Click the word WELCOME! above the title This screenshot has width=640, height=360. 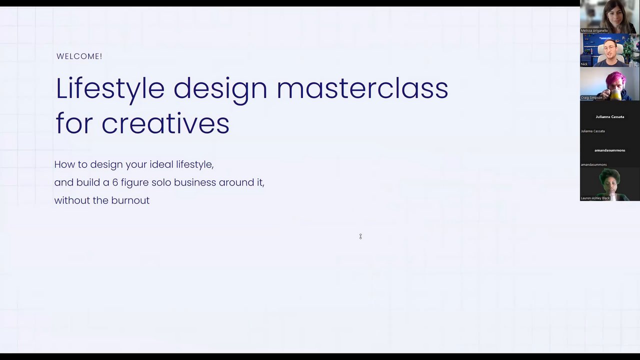pyautogui.click(x=79, y=56)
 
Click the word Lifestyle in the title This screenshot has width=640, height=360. pyautogui.click(x=110, y=89)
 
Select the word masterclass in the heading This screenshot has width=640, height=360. pyautogui.click(x=362, y=88)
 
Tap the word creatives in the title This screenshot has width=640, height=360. pyautogui.click(x=165, y=123)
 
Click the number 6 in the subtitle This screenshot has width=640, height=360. pyautogui.click(x=115, y=182)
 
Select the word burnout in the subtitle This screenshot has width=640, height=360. pyautogui.click(x=130, y=200)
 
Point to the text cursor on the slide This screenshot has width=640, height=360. pyautogui.click(x=360, y=236)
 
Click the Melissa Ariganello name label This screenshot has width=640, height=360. pyautogui.click(x=594, y=30)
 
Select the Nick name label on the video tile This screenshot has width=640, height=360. pyautogui.click(x=584, y=64)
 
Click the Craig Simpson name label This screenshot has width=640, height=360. pyautogui.click(x=591, y=97)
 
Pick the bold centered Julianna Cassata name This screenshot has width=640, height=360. pyautogui.click(x=609, y=117)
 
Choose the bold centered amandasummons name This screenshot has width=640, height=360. pyautogui.click(x=609, y=150)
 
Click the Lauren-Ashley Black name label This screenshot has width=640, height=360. pyautogui.click(x=595, y=198)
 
